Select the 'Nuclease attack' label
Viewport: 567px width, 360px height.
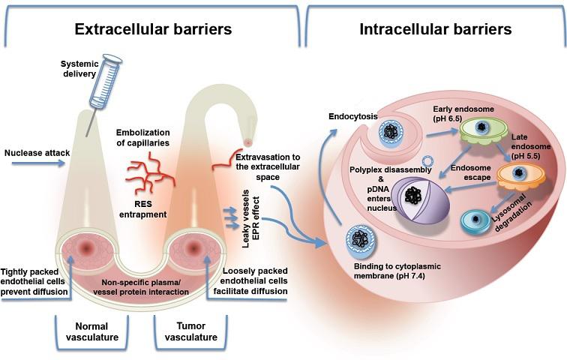[37, 154]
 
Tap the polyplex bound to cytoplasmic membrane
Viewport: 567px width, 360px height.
[362, 244]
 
